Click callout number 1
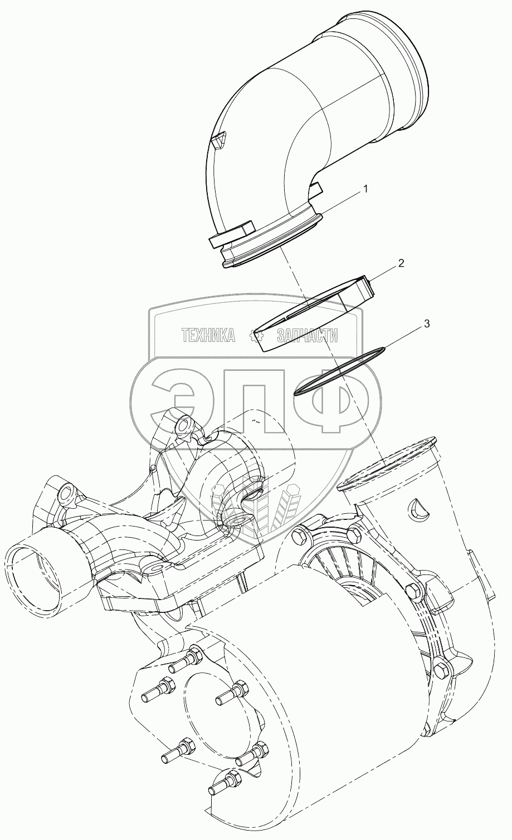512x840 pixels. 365,189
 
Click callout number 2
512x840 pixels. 401,263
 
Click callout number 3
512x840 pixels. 426,323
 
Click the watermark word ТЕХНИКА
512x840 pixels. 208,335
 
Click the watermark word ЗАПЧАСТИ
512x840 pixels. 307,335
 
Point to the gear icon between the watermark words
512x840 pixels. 256,335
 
